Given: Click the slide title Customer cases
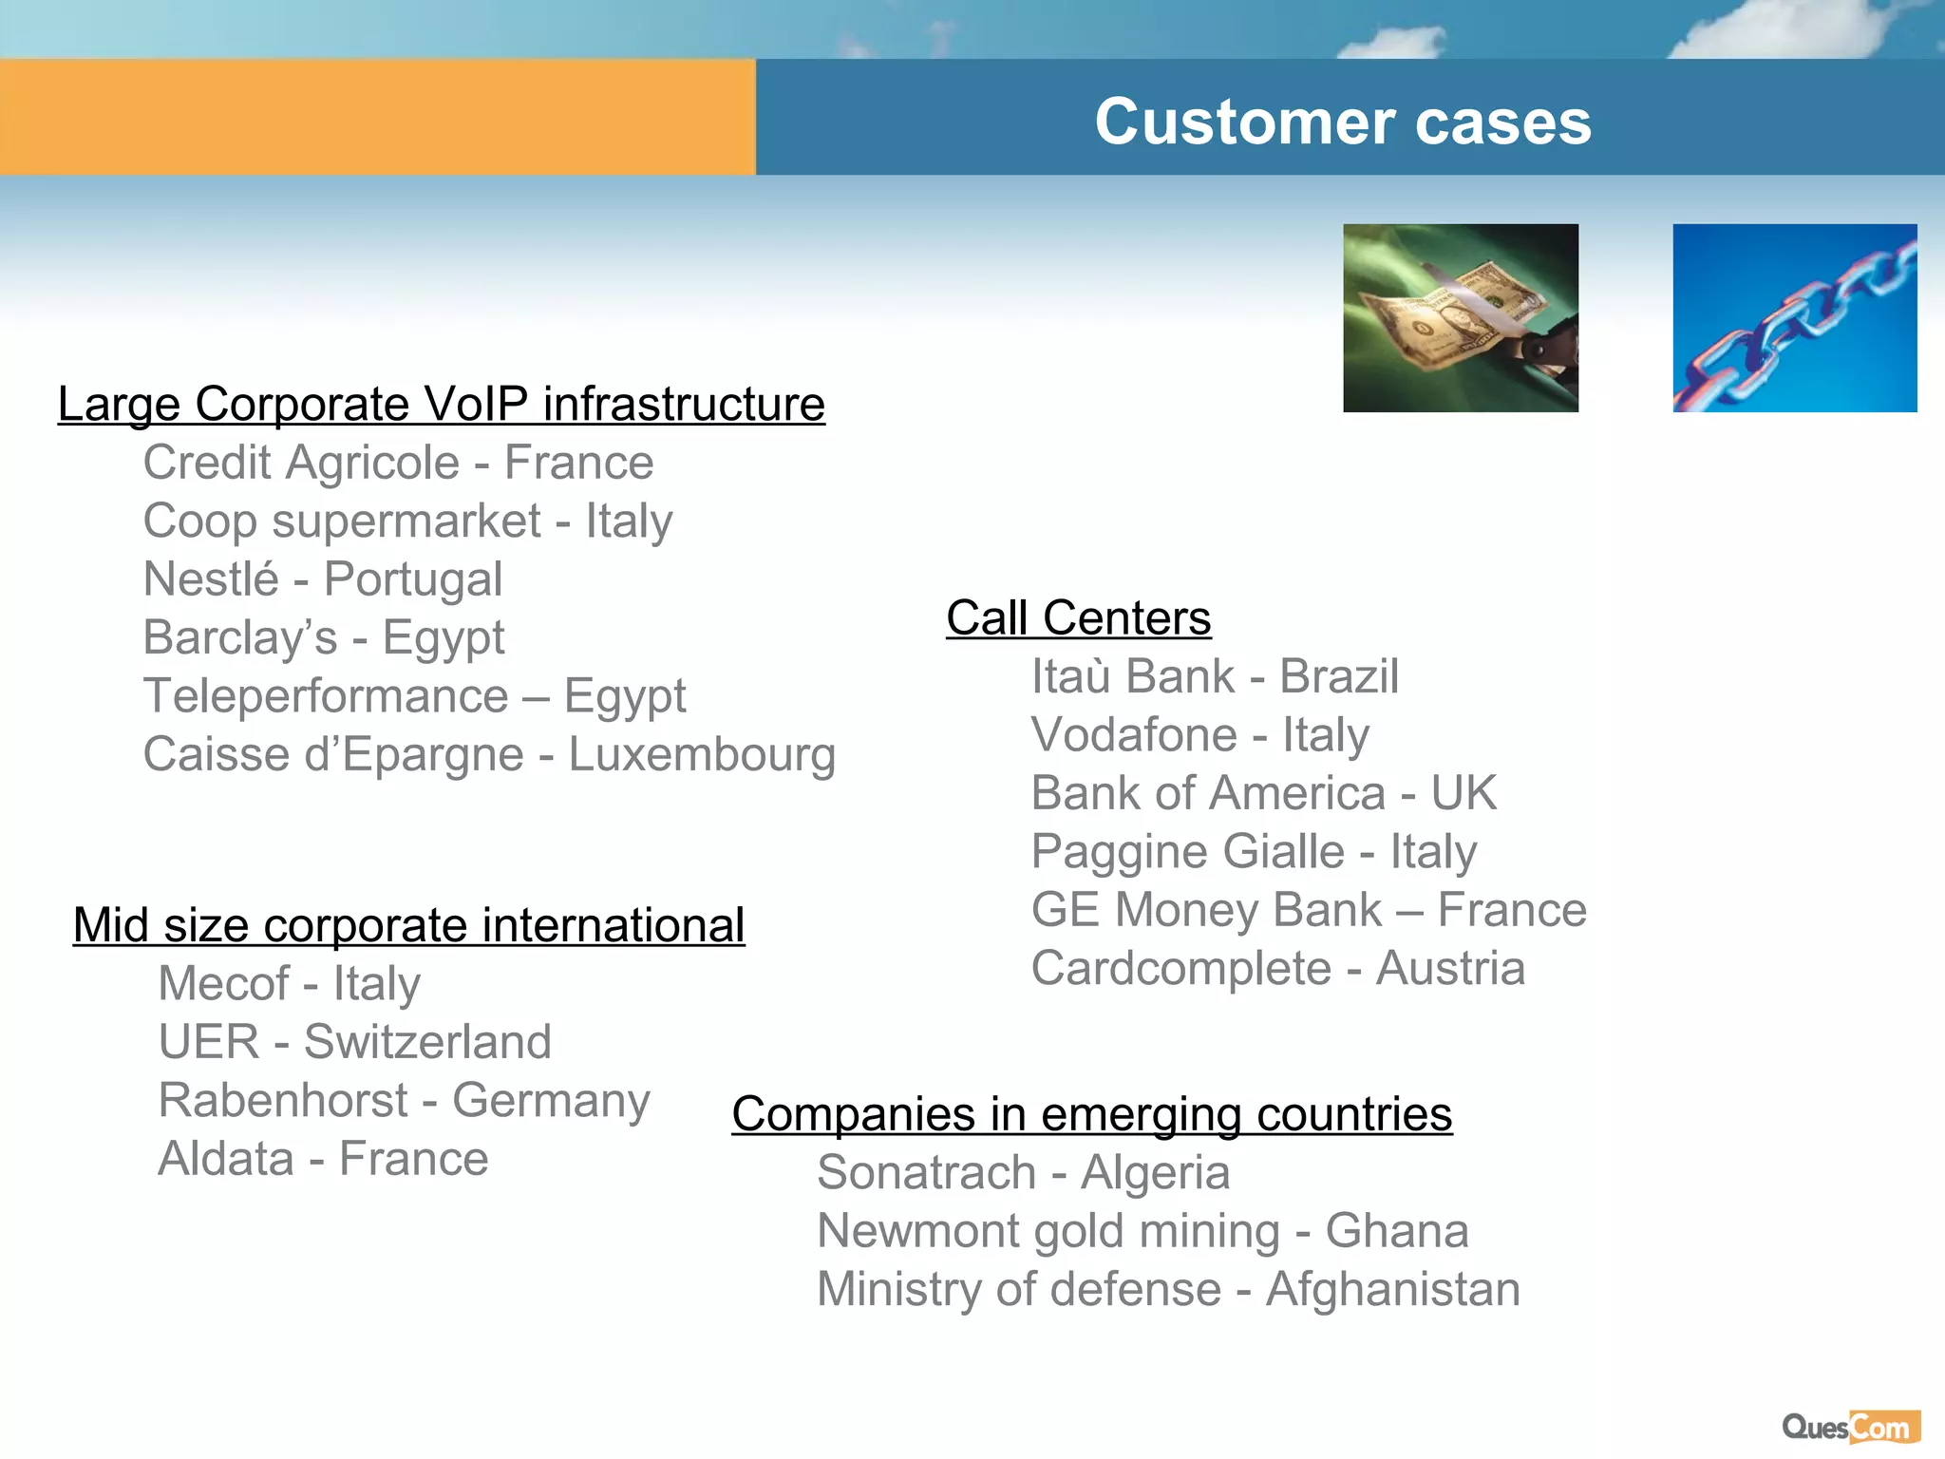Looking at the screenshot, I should click(x=1342, y=122).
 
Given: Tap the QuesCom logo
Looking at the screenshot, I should click(x=1850, y=1428).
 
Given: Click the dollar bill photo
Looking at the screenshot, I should click(x=1460, y=318).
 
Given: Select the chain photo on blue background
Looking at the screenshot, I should click(x=1794, y=318).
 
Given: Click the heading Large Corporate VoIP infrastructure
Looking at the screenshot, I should click(x=441, y=405).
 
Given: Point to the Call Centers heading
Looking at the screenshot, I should click(x=1078, y=618).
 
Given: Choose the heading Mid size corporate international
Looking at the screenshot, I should click(x=408, y=925).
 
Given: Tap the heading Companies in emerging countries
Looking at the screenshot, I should click(x=1091, y=1114).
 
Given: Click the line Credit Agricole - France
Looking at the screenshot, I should click(x=398, y=464).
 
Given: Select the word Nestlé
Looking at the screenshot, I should click(x=211, y=579).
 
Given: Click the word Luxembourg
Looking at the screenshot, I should click(x=702, y=755).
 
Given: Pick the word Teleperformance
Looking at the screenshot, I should click(x=326, y=696).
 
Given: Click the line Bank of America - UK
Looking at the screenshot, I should click(x=1263, y=793).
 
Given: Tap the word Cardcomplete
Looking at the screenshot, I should click(x=1181, y=969).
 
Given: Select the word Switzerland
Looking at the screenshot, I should click(x=427, y=1042).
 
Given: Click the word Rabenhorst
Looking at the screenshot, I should click(x=283, y=1101).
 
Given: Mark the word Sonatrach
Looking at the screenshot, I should click(x=926, y=1172).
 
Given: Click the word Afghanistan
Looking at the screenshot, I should click(x=1392, y=1290).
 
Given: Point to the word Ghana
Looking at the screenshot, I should click(x=1396, y=1231).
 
